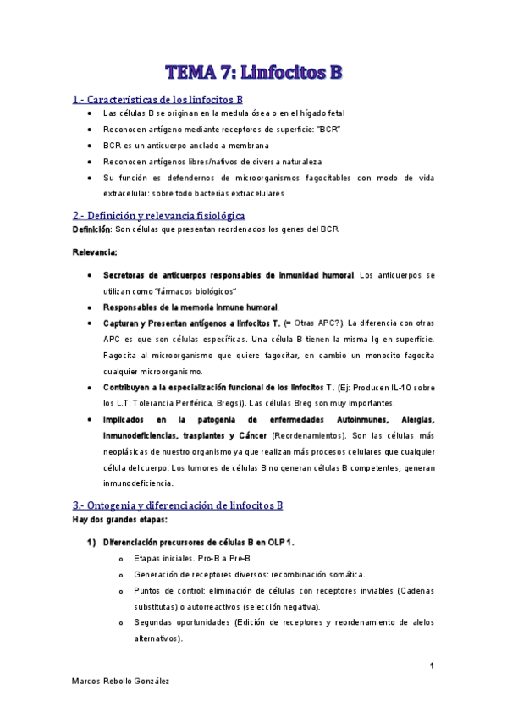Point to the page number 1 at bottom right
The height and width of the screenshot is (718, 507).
(x=432, y=666)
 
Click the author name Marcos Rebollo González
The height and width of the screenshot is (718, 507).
(x=121, y=682)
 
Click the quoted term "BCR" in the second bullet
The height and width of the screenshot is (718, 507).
(x=326, y=129)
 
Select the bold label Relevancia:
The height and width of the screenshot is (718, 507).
(x=96, y=251)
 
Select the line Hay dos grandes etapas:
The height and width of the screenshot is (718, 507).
(x=120, y=519)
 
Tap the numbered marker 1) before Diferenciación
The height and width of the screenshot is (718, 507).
(x=92, y=542)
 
